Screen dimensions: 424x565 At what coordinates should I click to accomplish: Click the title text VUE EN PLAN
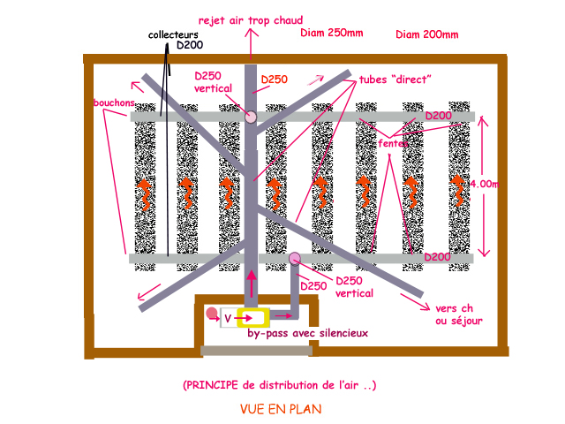click(x=281, y=410)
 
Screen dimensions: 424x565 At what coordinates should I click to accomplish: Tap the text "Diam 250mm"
click(x=331, y=34)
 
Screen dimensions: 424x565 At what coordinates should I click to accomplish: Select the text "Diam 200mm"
click(x=427, y=35)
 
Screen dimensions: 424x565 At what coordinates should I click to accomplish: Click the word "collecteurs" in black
click(x=174, y=34)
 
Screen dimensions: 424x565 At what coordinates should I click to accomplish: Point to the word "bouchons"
click(x=112, y=102)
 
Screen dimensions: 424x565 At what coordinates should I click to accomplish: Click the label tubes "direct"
click(x=395, y=79)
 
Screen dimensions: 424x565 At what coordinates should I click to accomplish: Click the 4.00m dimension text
click(x=484, y=184)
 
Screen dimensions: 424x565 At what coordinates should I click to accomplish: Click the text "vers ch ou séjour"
click(x=459, y=315)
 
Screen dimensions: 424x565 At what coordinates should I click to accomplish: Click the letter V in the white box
click(x=227, y=317)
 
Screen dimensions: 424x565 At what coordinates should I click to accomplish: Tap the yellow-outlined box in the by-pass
click(x=252, y=317)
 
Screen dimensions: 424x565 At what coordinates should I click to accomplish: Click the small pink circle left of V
click(x=211, y=313)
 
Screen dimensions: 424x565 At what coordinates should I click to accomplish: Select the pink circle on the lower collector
click(x=294, y=258)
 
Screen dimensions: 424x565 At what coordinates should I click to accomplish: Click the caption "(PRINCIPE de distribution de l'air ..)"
click(x=280, y=385)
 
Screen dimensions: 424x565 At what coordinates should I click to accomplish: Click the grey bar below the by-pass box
click(x=256, y=351)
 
